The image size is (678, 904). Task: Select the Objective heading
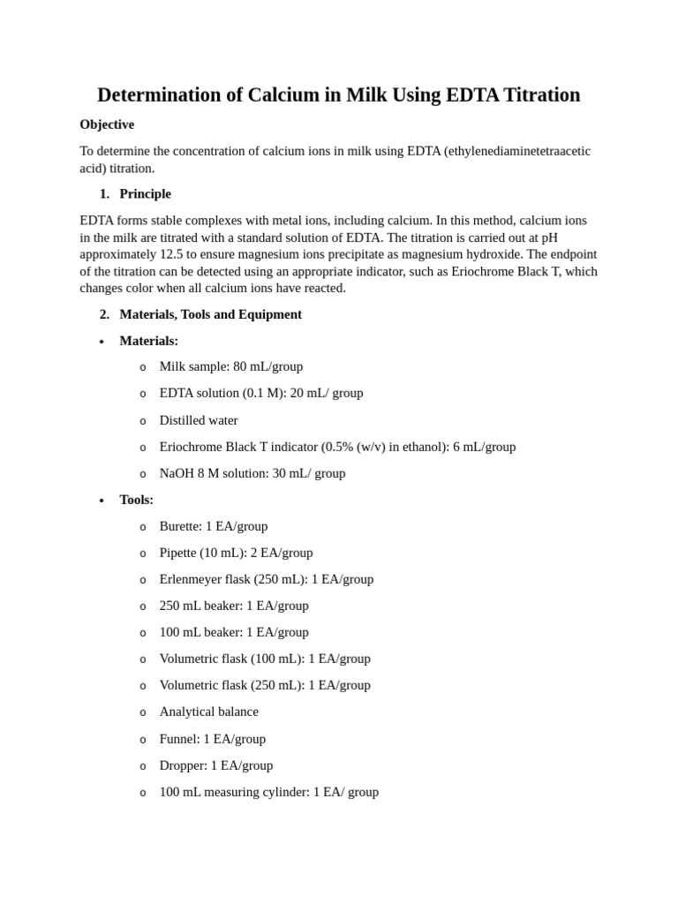[x=107, y=124]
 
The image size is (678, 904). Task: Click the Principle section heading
[x=145, y=193]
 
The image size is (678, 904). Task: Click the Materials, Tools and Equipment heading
[x=210, y=314]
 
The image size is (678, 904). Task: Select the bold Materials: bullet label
[x=148, y=341]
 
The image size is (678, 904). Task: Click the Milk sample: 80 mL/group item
[x=230, y=366]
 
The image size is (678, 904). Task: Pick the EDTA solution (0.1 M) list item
[x=260, y=393]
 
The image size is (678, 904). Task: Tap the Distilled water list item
[x=198, y=420]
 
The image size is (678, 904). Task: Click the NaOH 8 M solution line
[x=252, y=473]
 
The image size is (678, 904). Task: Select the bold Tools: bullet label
[x=136, y=500]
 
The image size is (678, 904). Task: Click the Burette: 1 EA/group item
[x=213, y=526]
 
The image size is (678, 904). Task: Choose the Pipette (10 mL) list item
[x=236, y=553]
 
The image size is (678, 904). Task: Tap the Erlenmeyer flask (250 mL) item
[x=266, y=579]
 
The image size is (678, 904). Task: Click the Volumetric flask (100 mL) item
[x=264, y=659]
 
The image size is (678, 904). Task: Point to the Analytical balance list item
[x=208, y=712]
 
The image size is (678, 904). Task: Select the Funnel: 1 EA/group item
[x=212, y=739]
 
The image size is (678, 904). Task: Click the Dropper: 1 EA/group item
[x=215, y=765]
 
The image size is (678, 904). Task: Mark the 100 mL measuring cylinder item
[x=268, y=792]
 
